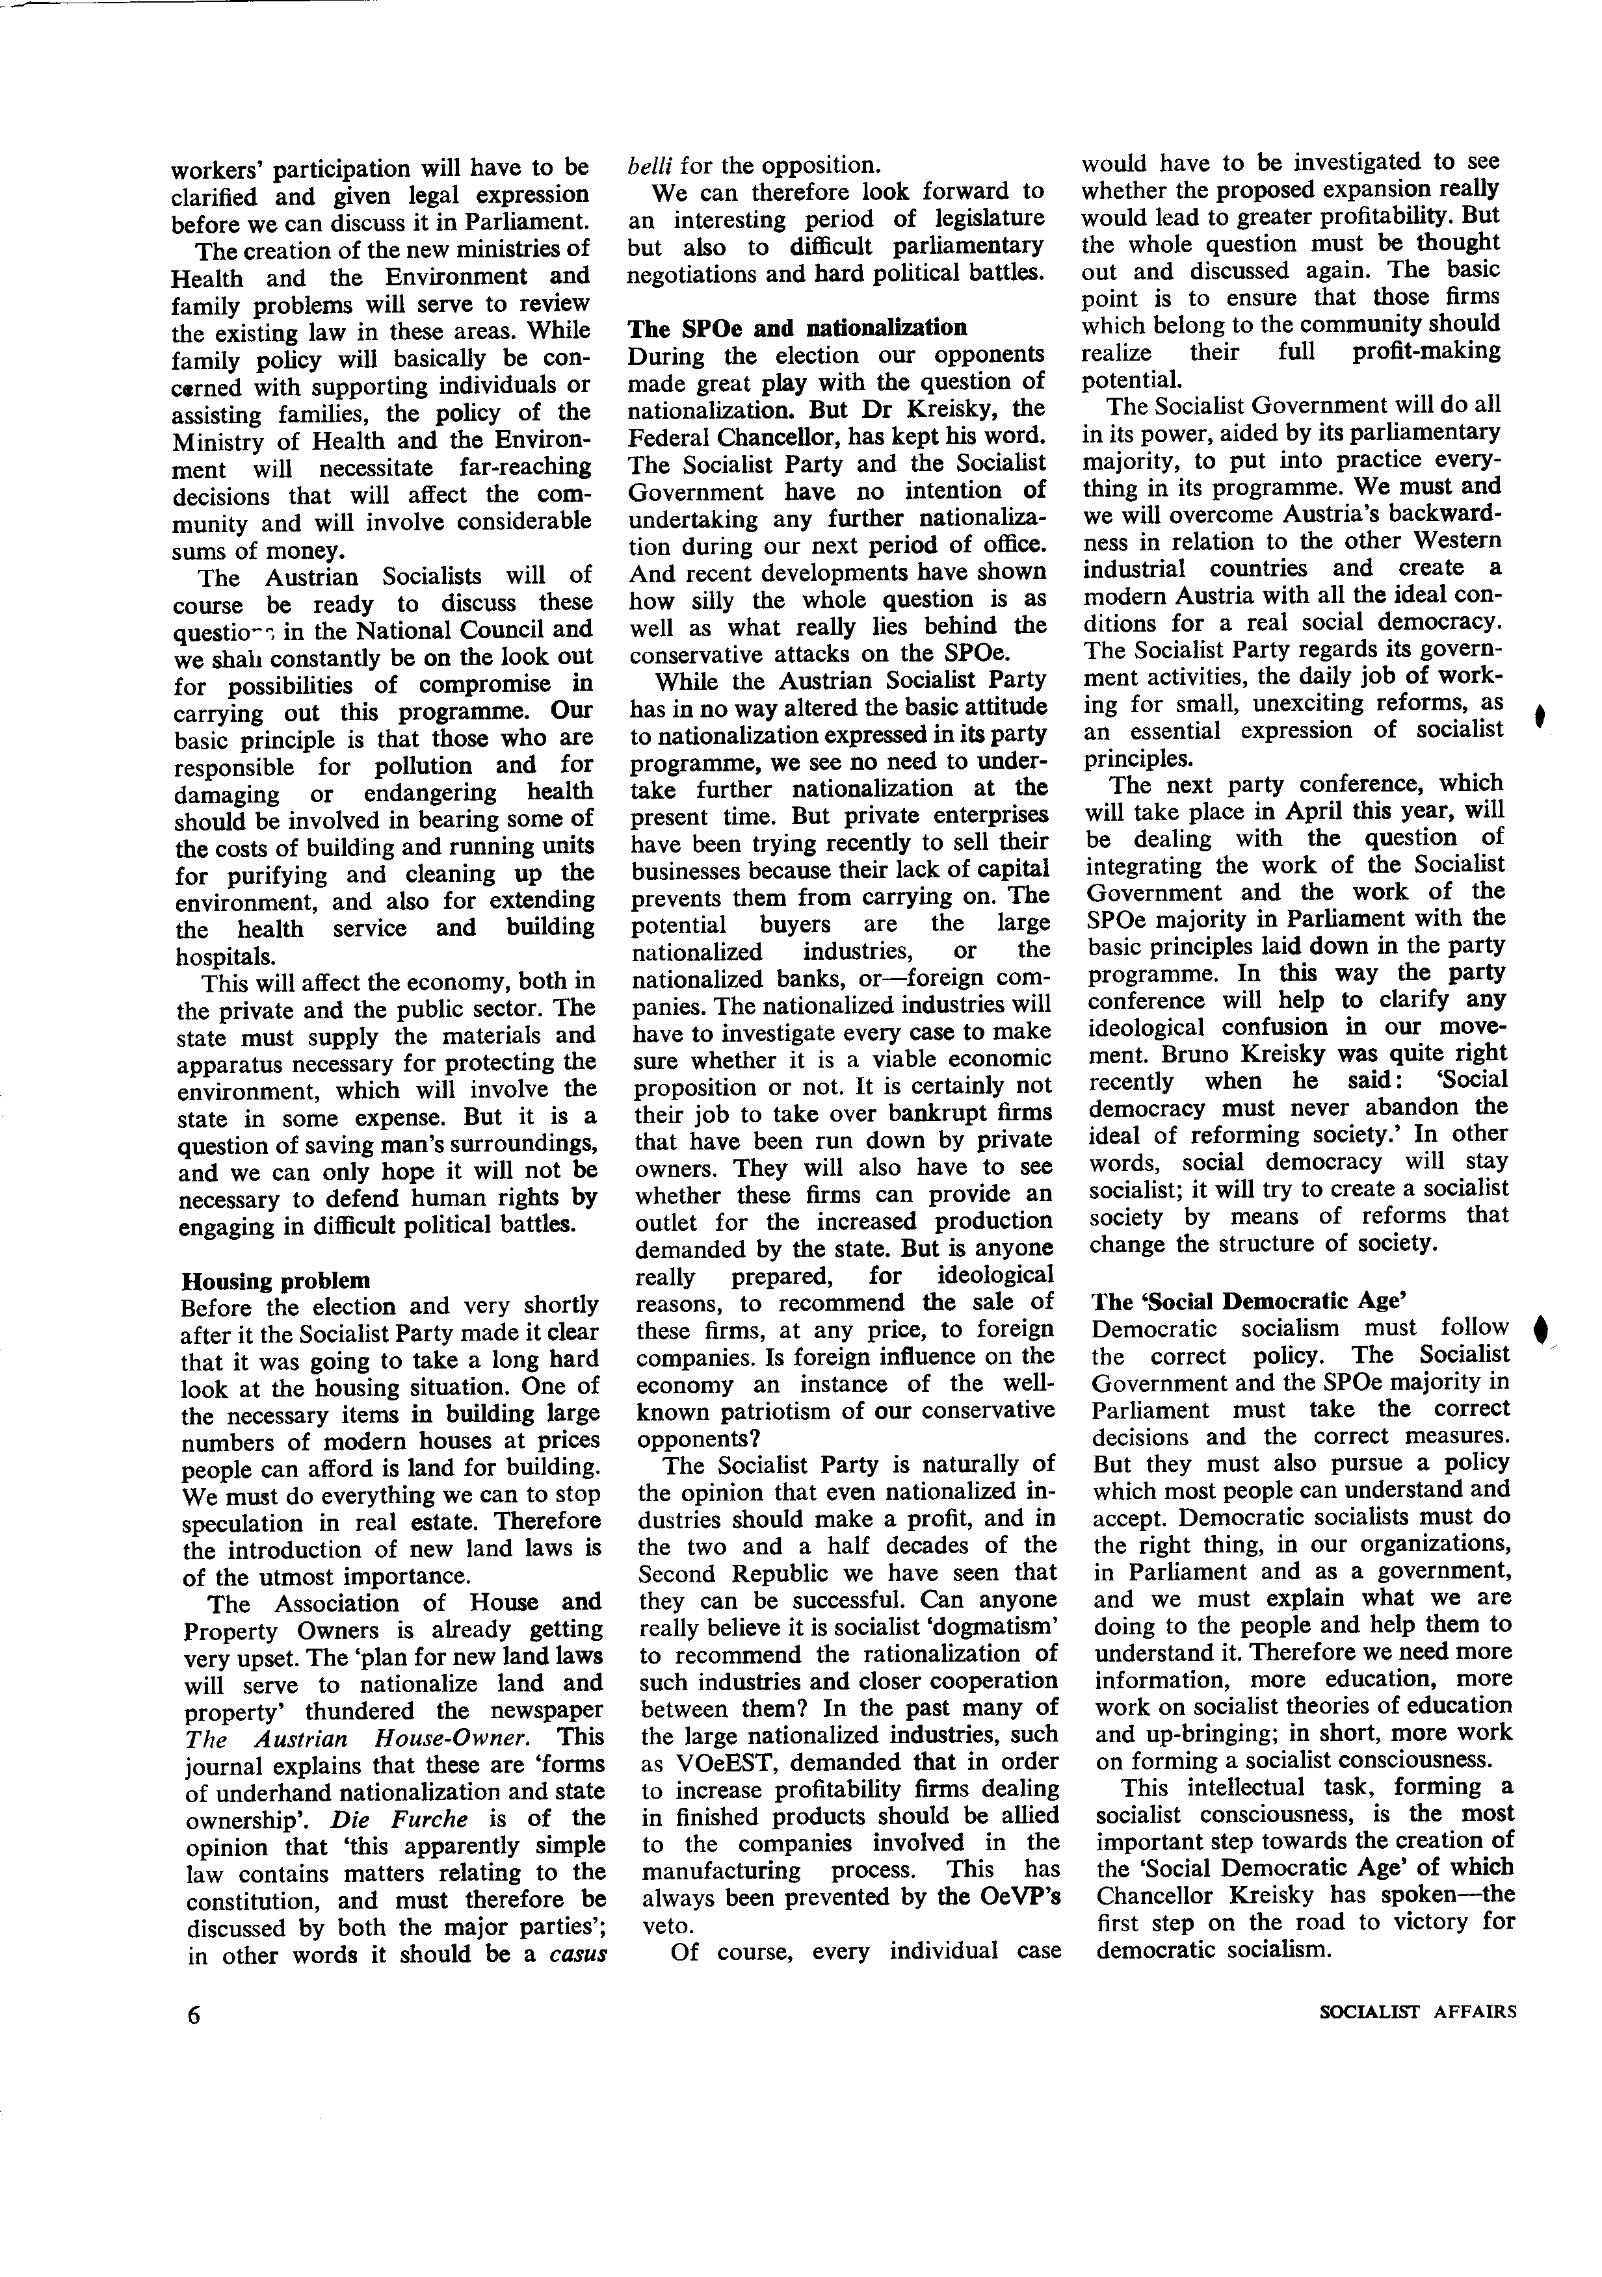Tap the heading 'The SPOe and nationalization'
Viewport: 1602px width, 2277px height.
[798, 328]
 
